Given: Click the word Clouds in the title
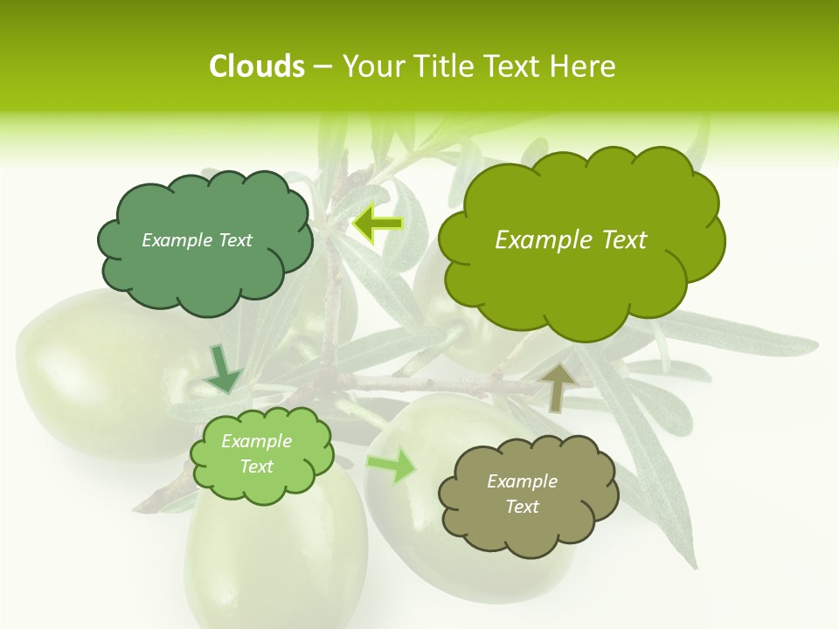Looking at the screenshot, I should coord(256,66).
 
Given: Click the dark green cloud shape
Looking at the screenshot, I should coord(204,262).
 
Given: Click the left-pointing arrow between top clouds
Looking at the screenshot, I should coord(378,224).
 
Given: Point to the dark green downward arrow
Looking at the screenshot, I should coord(223,368).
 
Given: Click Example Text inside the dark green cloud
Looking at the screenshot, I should coord(197,240).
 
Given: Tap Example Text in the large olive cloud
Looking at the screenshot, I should coord(571,240).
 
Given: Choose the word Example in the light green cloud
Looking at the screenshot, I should coord(256,441).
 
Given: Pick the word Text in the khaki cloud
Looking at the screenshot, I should coord(522,507).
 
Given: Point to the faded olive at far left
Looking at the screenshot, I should coord(87,376).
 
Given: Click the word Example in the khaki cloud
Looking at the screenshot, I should coord(522,481).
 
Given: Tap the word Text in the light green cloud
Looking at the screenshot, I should coord(256,467).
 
